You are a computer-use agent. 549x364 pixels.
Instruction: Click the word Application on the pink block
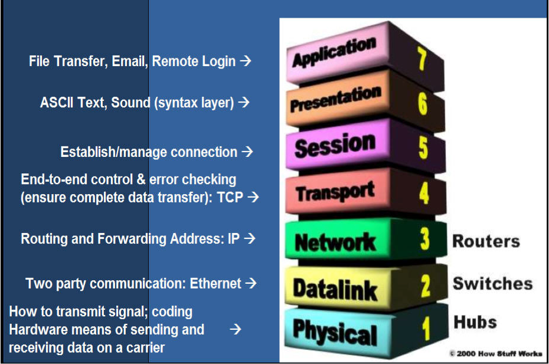tap(335, 53)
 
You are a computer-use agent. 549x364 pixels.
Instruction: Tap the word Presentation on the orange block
tap(335, 99)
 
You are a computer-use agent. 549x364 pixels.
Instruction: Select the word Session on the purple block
tap(335, 145)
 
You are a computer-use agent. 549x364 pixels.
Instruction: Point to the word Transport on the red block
tap(335, 192)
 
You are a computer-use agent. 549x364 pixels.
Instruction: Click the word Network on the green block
tap(335, 241)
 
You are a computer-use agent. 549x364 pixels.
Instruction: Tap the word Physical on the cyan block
tap(335, 332)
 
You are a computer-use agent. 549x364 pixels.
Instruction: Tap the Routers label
tap(486, 241)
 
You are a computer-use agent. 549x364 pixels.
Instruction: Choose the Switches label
tap(492, 283)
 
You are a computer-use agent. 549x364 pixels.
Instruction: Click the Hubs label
tap(475, 322)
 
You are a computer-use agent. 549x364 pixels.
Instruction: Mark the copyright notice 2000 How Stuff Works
tap(496, 354)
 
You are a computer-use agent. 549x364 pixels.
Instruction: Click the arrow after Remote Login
tap(246, 61)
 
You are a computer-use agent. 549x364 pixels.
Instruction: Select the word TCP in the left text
tap(230, 198)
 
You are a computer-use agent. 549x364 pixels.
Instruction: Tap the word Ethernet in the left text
tap(215, 284)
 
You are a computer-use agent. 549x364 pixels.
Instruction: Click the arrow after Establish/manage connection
tap(247, 152)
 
